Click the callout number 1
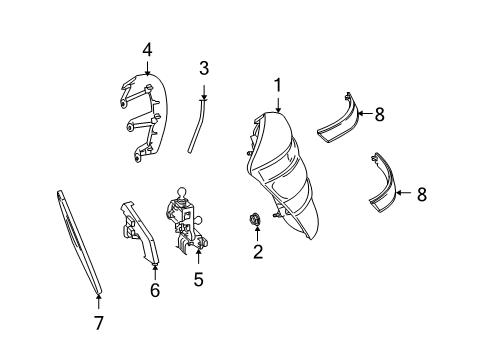tap(278, 85)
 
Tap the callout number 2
tap(258, 252)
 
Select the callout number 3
tap(204, 68)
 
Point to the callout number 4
tap(147, 50)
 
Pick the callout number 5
tap(199, 279)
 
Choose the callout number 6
tap(155, 290)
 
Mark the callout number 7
tap(98, 323)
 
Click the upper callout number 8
tap(380, 114)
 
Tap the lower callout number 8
tap(422, 194)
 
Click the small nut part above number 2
tap(255, 219)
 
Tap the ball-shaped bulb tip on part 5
tap(181, 193)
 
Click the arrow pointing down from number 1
tap(278, 103)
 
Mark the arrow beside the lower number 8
tap(405, 193)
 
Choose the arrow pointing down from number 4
tap(147, 67)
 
